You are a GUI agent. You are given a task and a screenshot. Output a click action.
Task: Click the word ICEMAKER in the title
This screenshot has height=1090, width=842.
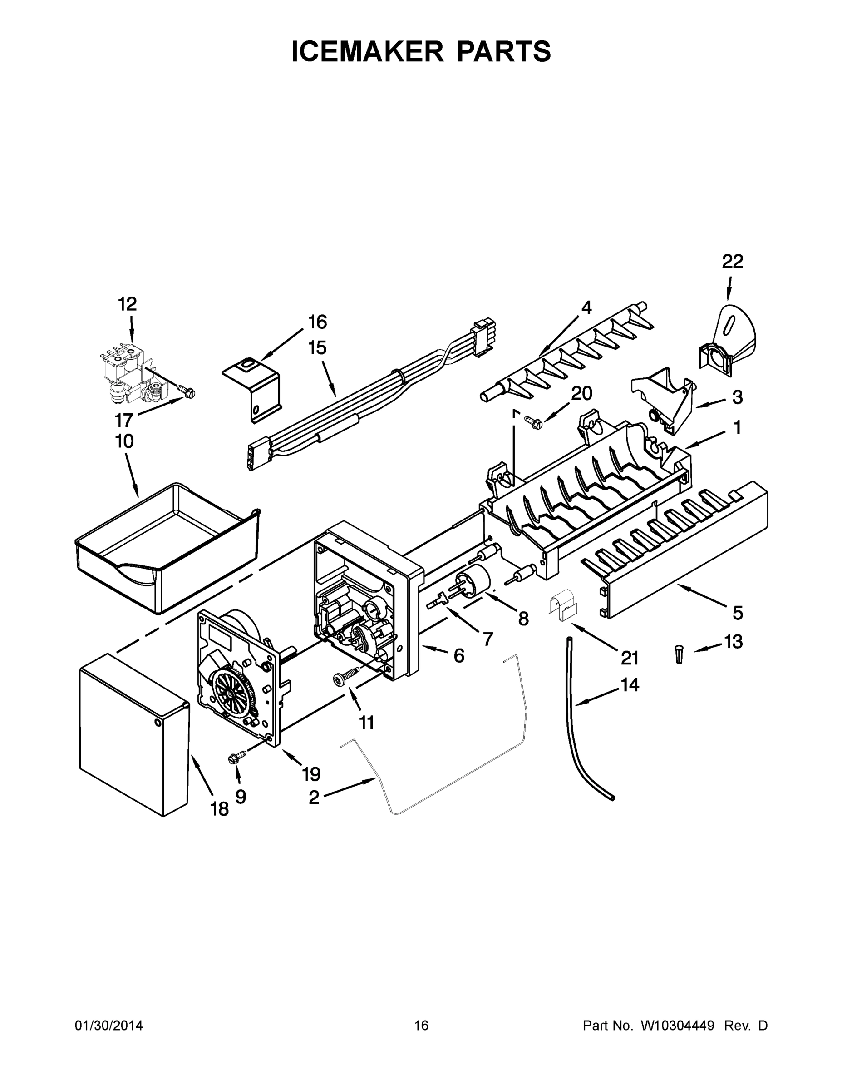click(367, 51)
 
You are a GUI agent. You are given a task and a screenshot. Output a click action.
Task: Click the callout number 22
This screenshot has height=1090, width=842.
click(732, 262)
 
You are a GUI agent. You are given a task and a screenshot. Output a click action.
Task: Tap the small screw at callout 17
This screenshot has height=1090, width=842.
click(188, 393)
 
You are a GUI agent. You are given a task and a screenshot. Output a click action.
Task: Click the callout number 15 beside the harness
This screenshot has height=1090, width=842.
click(317, 348)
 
